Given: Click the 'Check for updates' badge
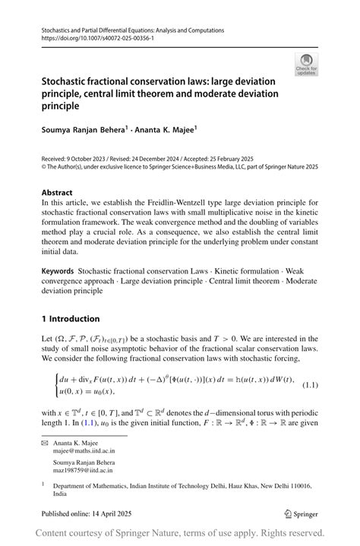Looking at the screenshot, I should pyautogui.click(x=307, y=64).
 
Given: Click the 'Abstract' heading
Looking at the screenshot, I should pyautogui.click(x=57, y=192).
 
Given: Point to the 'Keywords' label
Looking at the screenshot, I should pyautogui.click(x=58, y=270).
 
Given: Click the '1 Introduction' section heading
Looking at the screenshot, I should pyautogui.click(x=71, y=318).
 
